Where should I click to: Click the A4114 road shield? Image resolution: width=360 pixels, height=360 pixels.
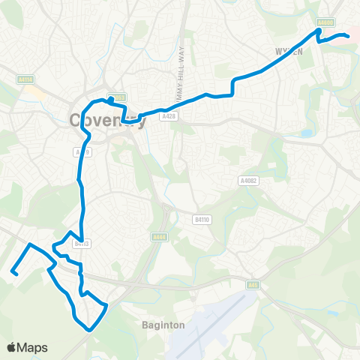22,78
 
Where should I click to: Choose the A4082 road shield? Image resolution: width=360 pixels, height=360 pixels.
247,180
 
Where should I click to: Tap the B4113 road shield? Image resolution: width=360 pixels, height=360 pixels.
82,242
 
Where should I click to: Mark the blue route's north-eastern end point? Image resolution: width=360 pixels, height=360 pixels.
349,37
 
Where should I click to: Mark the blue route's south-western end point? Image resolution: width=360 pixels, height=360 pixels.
13,273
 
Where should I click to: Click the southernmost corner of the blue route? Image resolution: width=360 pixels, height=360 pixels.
91,328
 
